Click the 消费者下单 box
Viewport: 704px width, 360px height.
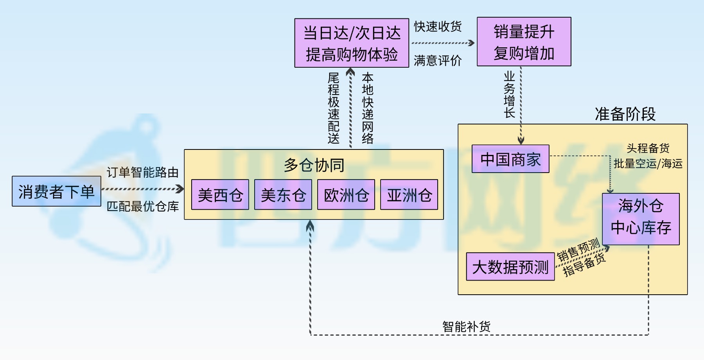coord(56,191)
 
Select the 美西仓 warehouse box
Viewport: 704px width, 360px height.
coord(220,195)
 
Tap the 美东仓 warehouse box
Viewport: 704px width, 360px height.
coord(283,195)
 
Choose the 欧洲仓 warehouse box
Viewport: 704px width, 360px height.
coord(346,195)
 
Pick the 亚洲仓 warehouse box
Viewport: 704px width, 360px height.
coord(409,195)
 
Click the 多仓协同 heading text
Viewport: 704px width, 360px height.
coord(314,165)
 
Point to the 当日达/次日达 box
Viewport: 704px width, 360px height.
coord(352,43)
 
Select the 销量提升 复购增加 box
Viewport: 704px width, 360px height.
coord(524,42)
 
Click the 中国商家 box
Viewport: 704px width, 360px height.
coord(510,159)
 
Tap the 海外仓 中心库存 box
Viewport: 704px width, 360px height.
coord(641,219)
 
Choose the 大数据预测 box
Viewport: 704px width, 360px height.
coord(510,267)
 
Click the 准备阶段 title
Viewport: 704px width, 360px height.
coord(625,114)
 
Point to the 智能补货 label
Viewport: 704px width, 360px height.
coord(466,326)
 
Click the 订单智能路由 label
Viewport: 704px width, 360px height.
coord(142,172)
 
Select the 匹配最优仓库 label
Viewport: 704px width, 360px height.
coord(142,206)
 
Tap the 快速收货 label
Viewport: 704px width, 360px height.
coord(438,26)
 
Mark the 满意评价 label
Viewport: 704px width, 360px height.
coord(438,60)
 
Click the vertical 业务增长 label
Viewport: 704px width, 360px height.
coord(509,94)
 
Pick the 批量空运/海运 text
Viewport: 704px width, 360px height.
coord(648,164)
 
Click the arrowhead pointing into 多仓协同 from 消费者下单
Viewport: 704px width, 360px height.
coord(180,189)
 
